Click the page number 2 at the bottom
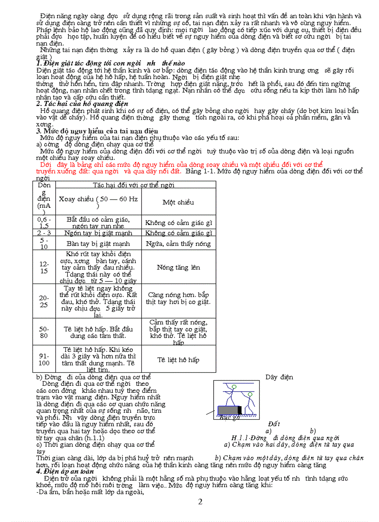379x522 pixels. click(200, 502)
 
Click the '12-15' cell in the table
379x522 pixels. click(44, 267)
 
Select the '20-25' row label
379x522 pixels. click(44, 301)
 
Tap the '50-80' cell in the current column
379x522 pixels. click(44, 332)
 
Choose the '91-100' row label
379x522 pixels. click(44, 359)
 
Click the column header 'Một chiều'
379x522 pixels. click(178, 202)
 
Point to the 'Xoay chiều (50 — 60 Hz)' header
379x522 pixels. click(98, 202)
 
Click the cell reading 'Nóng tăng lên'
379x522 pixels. click(178, 267)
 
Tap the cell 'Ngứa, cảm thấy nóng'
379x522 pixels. click(178, 244)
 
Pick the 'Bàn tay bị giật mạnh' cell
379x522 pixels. click(98, 244)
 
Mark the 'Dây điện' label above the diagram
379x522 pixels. click(279, 377)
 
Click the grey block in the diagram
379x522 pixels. click(228, 410)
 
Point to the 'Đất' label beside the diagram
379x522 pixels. click(274, 424)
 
